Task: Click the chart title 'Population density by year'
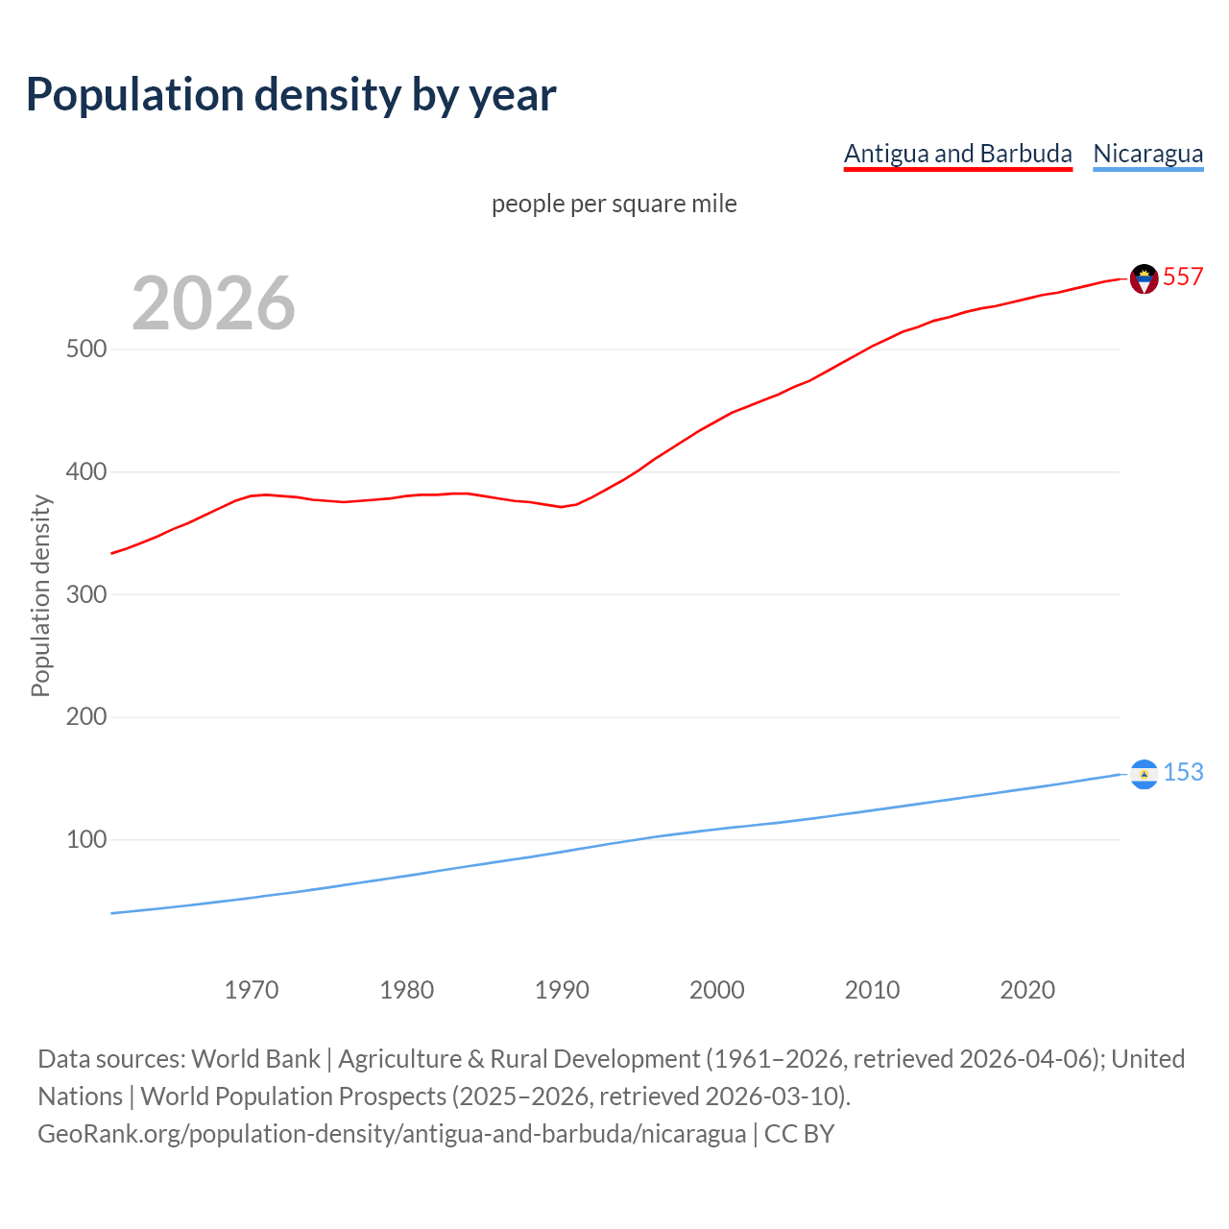point(291,95)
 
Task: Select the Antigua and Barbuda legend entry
point(957,154)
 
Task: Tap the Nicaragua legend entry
point(1147,154)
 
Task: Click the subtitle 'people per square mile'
point(614,204)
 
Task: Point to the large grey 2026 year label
point(213,303)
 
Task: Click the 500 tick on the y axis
point(86,349)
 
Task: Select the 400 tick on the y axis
point(86,471)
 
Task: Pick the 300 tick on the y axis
point(86,594)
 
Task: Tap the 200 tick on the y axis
point(86,716)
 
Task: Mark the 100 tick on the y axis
point(86,839)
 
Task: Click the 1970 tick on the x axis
point(252,990)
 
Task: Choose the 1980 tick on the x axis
point(407,990)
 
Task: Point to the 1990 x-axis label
point(562,990)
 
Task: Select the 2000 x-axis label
point(717,990)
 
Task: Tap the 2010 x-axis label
point(872,990)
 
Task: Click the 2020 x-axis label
point(1027,990)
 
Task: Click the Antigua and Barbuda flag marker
point(1144,278)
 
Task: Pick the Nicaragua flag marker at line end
point(1144,774)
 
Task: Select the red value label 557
point(1183,277)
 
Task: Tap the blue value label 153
point(1183,772)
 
